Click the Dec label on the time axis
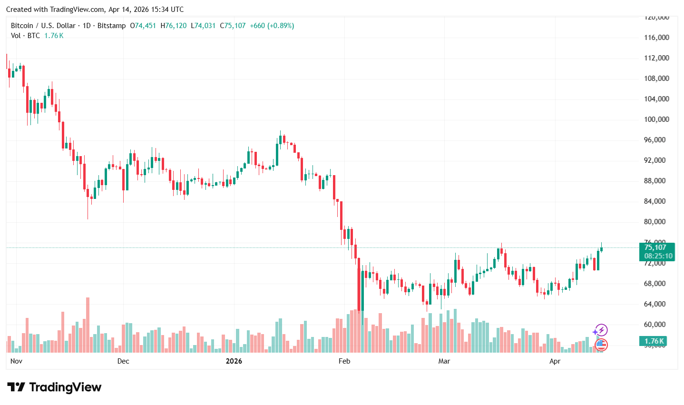[x=123, y=361]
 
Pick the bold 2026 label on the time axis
[x=234, y=361]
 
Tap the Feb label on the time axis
[x=344, y=361]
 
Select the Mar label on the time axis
[x=444, y=361]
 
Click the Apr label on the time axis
[x=555, y=361]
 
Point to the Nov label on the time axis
[x=16, y=361]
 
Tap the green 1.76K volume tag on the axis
[x=655, y=341]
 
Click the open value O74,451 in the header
[x=143, y=26]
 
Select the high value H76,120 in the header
[x=174, y=26]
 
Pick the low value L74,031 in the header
[x=203, y=26]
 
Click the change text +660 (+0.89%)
[x=272, y=26]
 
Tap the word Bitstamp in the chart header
[x=111, y=26]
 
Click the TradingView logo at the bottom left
[x=54, y=387]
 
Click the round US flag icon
[x=601, y=345]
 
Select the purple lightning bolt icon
[x=601, y=330]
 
